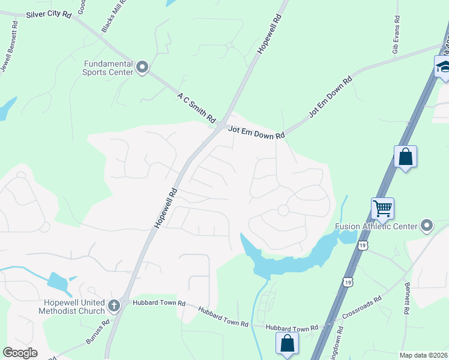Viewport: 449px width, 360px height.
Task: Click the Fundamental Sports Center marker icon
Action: [142, 67]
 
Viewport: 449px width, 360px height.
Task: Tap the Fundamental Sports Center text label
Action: [108, 68]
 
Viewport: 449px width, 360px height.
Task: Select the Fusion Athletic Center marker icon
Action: [427, 226]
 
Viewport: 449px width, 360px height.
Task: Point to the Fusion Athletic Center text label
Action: [376, 226]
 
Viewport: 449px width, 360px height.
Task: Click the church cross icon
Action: [114, 307]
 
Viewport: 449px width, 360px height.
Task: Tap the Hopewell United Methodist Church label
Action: [72, 307]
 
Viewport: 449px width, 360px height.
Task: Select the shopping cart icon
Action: [382, 209]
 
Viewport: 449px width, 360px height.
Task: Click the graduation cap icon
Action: [444, 66]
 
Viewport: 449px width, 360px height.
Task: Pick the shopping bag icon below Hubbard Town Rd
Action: [288, 343]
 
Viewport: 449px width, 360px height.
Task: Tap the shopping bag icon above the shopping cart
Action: [405, 157]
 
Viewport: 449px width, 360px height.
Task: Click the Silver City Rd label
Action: [47, 13]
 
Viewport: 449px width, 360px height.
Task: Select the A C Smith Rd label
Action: [196, 108]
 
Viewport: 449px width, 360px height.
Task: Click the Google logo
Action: [20, 352]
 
